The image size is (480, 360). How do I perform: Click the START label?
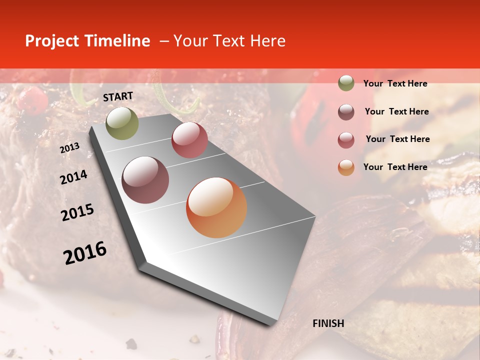pyautogui.click(x=118, y=96)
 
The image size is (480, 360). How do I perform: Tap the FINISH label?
pyautogui.click(x=328, y=323)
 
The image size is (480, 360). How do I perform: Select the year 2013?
pyautogui.click(x=69, y=148)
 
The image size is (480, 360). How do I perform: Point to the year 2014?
pyautogui.click(x=73, y=177)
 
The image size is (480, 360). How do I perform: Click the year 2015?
pyautogui.click(x=77, y=212)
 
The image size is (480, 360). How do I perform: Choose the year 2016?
pyautogui.click(x=85, y=252)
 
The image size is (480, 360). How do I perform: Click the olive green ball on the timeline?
pyautogui.click(x=122, y=123)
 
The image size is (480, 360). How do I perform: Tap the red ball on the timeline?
pyautogui.click(x=189, y=140)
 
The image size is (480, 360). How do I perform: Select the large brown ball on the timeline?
pyautogui.click(x=145, y=180)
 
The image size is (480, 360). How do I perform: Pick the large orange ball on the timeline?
pyautogui.click(x=216, y=207)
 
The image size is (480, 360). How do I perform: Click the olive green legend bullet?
pyautogui.click(x=346, y=83)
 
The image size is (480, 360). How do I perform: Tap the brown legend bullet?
pyautogui.click(x=346, y=112)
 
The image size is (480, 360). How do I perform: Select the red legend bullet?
pyautogui.click(x=346, y=140)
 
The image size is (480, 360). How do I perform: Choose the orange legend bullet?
pyautogui.click(x=346, y=167)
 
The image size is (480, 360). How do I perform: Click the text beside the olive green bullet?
pyautogui.click(x=395, y=84)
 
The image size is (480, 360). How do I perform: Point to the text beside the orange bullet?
pyautogui.click(x=395, y=167)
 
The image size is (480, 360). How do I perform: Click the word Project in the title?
pyautogui.click(x=51, y=41)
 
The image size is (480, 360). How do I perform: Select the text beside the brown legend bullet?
pyautogui.click(x=396, y=111)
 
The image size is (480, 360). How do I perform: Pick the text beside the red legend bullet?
pyautogui.click(x=397, y=139)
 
